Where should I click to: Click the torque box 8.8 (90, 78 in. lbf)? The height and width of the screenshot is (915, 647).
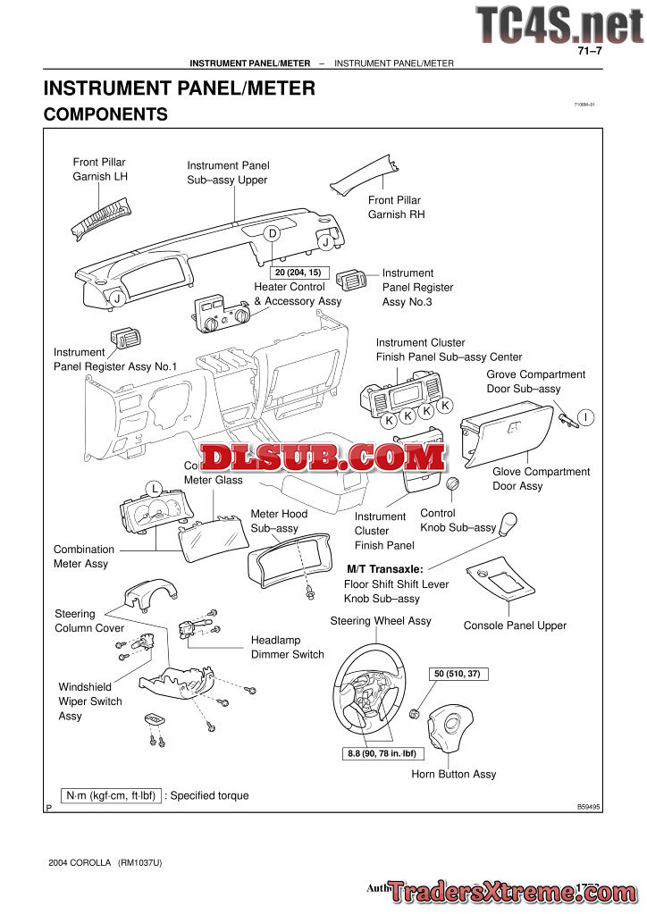[x=382, y=753]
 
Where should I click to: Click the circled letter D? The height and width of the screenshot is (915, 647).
[x=273, y=233]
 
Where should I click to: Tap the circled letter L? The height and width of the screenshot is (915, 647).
[x=154, y=488]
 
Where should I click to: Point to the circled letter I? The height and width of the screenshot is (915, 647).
[x=585, y=417]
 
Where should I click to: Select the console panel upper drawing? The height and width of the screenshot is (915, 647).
[x=501, y=581]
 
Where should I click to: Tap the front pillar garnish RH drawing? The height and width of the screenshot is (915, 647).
[x=368, y=173]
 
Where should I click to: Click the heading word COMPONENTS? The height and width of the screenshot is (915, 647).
[x=105, y=114]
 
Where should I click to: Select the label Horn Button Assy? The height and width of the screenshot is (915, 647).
[x=453, y=774]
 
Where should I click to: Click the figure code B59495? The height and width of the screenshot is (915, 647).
[x=589, y=806]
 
